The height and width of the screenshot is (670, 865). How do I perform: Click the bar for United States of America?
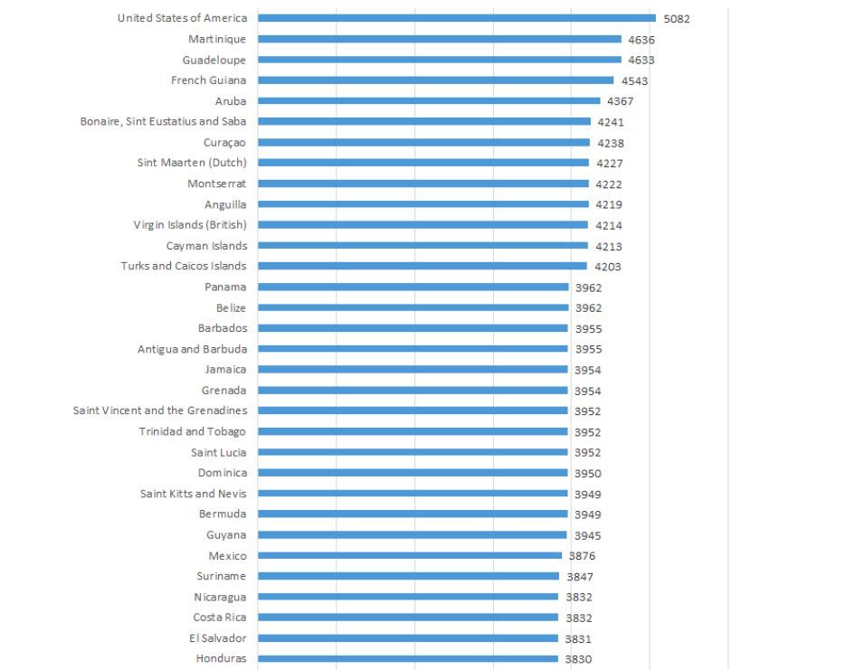point(456,18)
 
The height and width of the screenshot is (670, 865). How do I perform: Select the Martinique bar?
point(439,39)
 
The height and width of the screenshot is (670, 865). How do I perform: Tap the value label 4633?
point(642,61)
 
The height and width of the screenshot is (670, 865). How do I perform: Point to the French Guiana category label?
point(208,80)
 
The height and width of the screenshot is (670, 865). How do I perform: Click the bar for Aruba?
point(428,101)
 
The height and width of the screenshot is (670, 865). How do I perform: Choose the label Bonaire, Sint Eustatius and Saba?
point(163,121)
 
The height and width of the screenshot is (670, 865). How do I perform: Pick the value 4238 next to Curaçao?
point(610,143)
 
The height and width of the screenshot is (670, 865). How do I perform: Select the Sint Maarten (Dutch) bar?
point(423,163)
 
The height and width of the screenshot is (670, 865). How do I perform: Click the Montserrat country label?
point(216,184)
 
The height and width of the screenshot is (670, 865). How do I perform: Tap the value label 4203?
point(608,267)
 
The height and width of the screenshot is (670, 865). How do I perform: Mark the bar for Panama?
point(413,288)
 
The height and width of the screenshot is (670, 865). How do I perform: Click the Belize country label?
point(231,307)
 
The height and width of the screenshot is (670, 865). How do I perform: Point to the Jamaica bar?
point(413,370)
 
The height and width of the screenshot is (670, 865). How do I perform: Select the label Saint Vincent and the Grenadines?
point(159,410)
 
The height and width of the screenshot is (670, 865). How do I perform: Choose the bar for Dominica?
point(413,473)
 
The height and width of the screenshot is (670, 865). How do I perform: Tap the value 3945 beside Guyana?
point(587,535)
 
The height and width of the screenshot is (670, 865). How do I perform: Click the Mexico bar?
point(409,556)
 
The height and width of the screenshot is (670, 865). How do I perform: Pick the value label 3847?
point(579,577)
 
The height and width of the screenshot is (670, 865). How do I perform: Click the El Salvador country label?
point(219,638)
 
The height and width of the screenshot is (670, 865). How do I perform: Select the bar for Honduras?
point(407,659)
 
